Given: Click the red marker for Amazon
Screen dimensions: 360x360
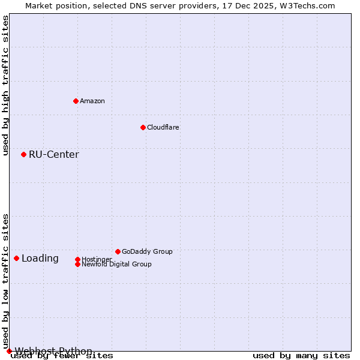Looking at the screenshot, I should click(x=76, y=101).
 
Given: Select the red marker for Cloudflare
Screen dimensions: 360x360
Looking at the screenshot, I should click(x=143, y=127).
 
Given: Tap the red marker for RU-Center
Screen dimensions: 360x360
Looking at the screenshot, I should click(x=23, y=154).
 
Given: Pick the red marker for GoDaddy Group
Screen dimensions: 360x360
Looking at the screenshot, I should click(x=118, y=251).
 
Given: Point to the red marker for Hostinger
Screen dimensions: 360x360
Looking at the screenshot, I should click(x=77, y=259).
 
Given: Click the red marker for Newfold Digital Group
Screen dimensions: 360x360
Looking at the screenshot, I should click(x=77, y=264).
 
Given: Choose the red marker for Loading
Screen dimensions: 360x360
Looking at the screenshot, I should click(x=16, y=258).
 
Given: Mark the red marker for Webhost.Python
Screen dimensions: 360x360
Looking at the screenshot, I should click(x=9, y=351).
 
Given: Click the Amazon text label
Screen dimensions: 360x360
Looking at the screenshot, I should click(x=92, y=101).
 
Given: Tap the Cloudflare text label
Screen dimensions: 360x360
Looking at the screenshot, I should click(x=163, y=127).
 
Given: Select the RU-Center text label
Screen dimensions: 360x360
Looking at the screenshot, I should click(x=54, y=154).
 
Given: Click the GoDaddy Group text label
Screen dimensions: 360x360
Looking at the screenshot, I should click(x=147, y=251).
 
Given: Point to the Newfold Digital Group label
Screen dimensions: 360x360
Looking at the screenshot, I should click(x=116, y=264).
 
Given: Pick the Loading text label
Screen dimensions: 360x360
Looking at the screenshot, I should click(x=40, y=258).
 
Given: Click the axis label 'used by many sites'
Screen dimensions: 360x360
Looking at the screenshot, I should click(x=301, y=356).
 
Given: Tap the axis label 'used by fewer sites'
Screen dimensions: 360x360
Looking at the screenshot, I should click(x=62, y=356).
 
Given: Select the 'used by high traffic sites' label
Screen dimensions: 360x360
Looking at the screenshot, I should click(x=5, y=86).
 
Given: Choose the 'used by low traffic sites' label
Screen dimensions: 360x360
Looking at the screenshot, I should click(x=5, y=281).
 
